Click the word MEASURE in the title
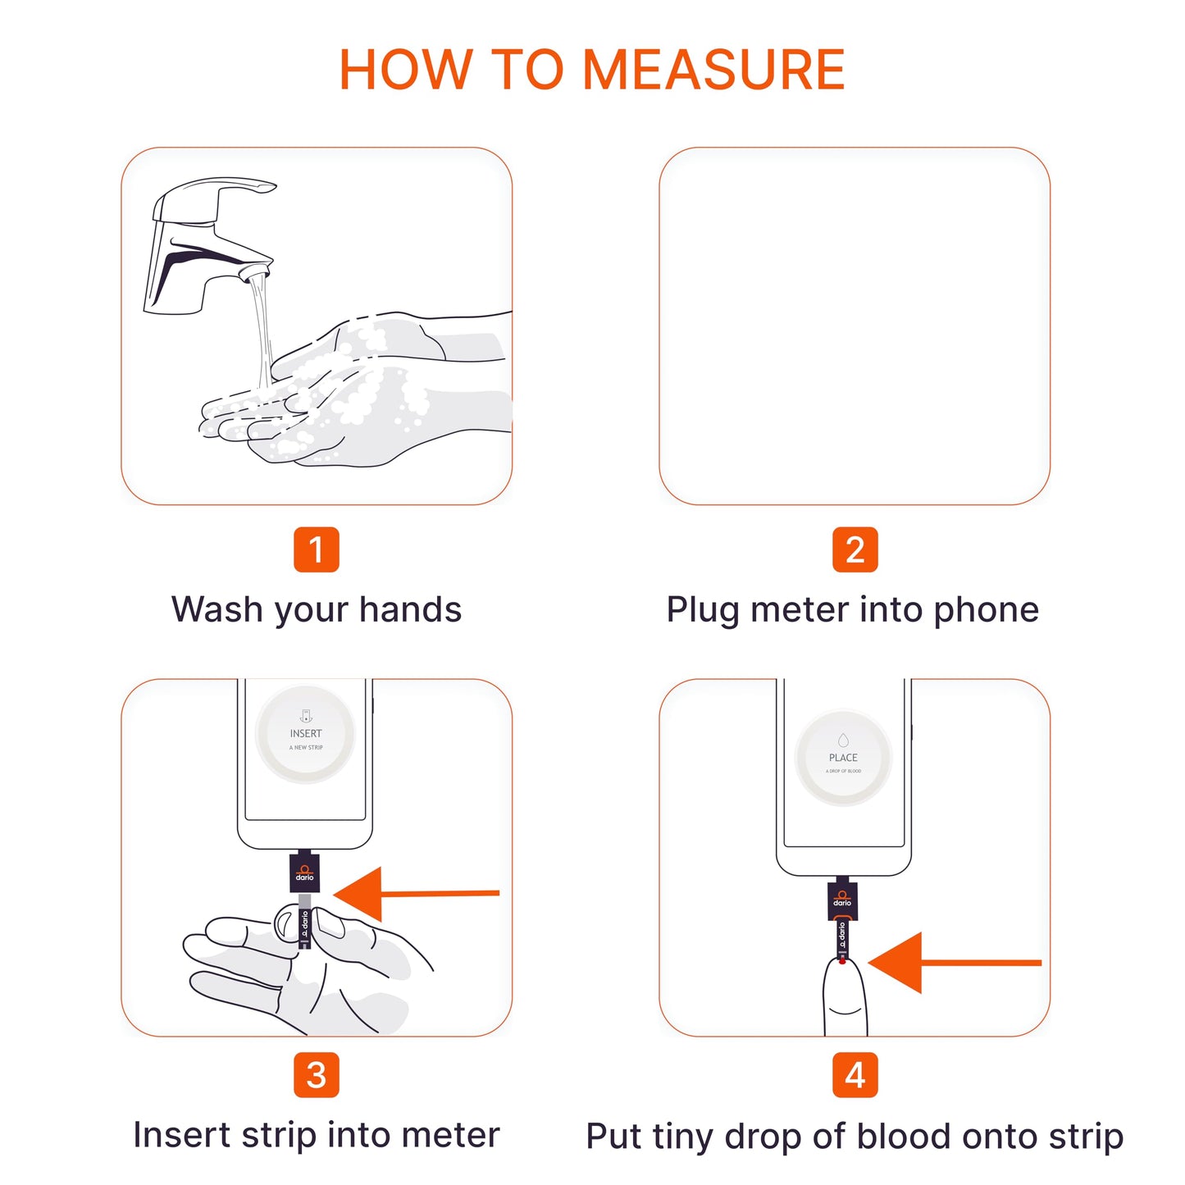pyautogui.click(x=713, y=70)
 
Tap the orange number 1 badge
pyautogui.click(x=316, y=549)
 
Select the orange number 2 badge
pyautogui.click(x=855, y=549)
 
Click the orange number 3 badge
pyautogui.click(x=316, y=1075)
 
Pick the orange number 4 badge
pyautogui.click(x=855, y=1075)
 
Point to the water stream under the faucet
pyautogui.click(x=262, y=328)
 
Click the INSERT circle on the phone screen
pyautogui.click(x=305, y=734)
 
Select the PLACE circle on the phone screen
pyautogui.click(x=843, y=759)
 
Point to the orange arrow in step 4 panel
pyautogui.click(x=951, y=963)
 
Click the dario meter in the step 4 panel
pyautogui.click(x=842, y=899)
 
